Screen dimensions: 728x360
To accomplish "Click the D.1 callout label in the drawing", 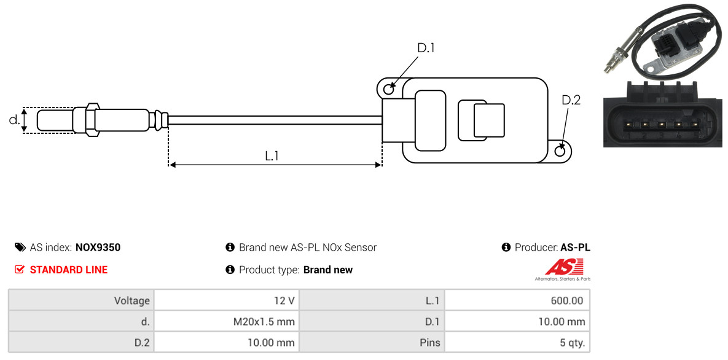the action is [425, 48].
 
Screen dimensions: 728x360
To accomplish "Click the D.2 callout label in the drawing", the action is [571, 100].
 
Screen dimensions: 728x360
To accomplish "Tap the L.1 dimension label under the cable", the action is [272, 156].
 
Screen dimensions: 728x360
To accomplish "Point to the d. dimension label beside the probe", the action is [14, 120].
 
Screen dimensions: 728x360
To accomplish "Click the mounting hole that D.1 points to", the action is [389, 87].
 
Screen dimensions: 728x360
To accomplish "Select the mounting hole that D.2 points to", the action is [560, 151].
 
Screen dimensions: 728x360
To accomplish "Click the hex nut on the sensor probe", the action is [92, 120].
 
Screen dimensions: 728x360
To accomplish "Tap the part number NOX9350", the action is [98, 247].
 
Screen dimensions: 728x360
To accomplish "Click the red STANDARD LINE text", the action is [69, 270].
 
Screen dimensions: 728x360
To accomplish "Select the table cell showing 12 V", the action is [226, 300].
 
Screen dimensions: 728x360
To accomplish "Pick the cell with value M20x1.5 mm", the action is [226, 321].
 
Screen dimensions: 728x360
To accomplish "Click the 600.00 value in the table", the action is [517, 300].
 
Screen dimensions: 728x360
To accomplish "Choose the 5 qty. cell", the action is [517, 343].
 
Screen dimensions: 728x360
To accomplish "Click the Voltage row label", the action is [132, 301].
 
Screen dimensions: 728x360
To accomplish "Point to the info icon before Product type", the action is [229, 270].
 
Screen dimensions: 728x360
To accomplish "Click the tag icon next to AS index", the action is [20, 247].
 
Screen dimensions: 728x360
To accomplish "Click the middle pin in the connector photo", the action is [660, 125].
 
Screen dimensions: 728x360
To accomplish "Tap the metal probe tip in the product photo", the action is [607, 70].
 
